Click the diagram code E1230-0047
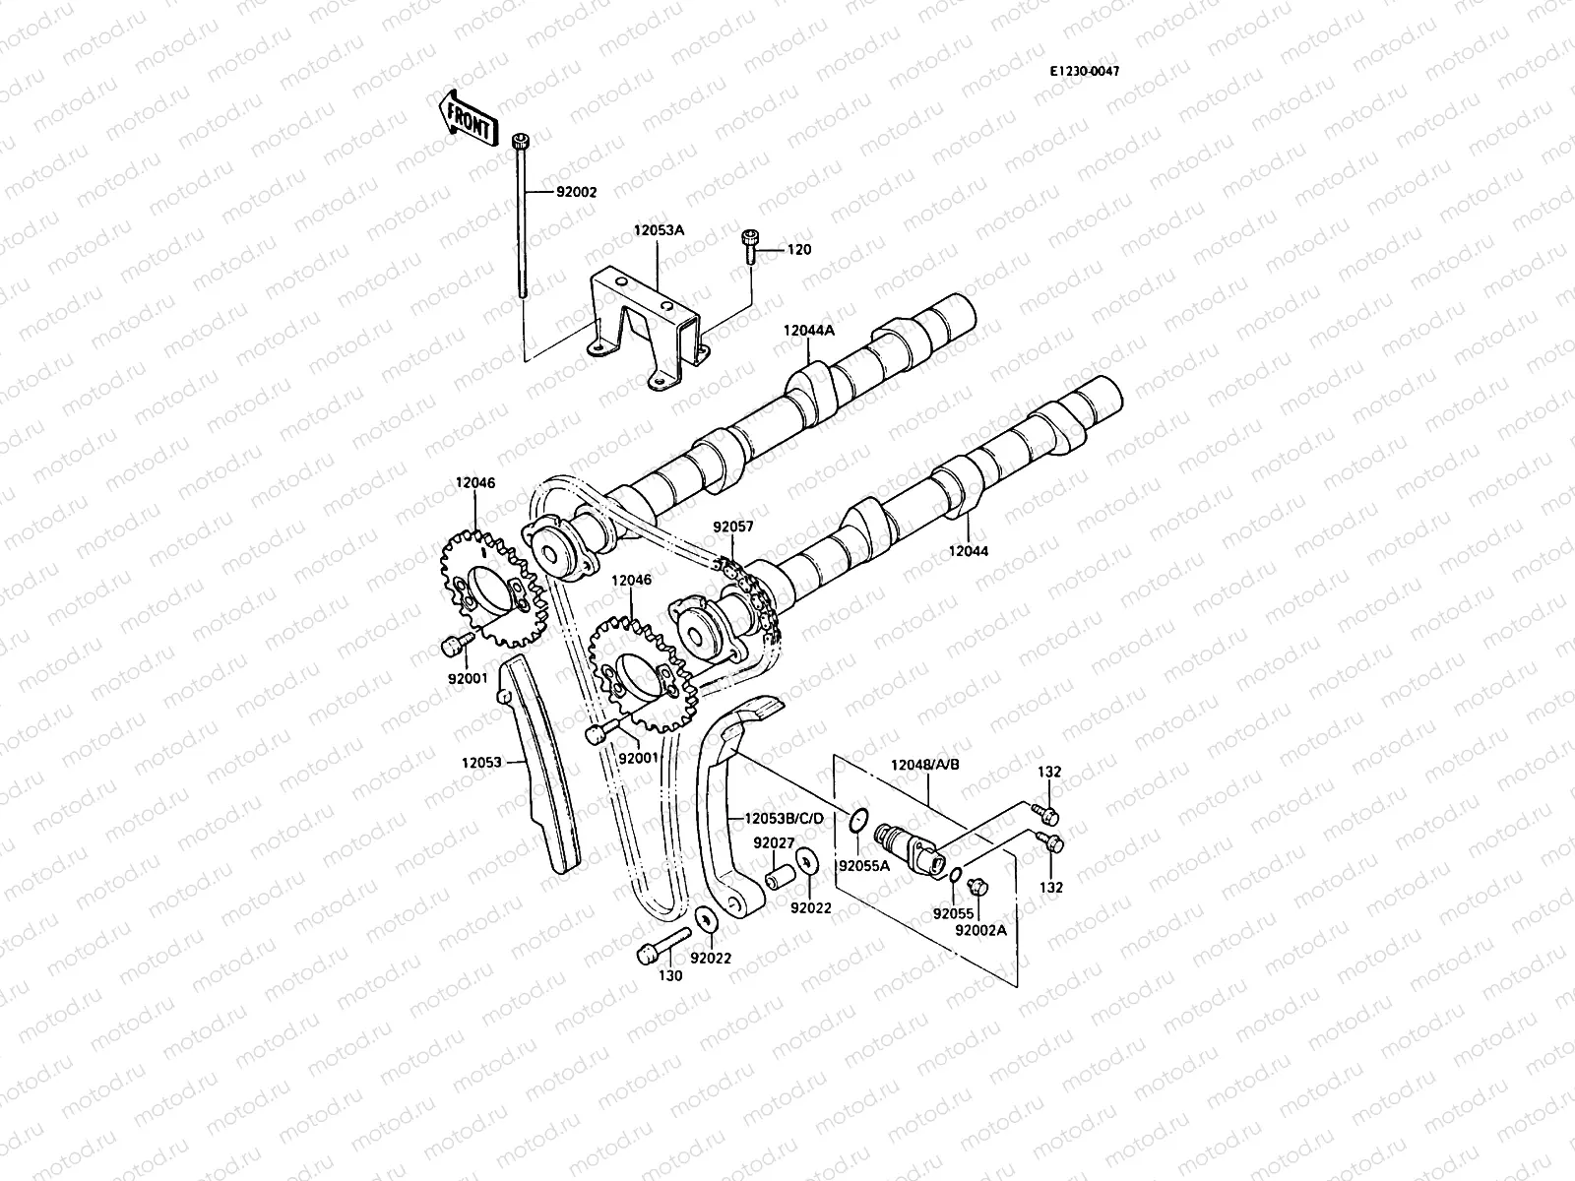click(1084, 71)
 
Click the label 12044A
click(808, 331)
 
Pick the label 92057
click(732, 527)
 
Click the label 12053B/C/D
click(784, 818)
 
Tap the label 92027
click(774, 842)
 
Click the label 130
click(670, 975)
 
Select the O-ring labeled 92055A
click(856, 817)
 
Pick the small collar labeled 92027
click(782, 875)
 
